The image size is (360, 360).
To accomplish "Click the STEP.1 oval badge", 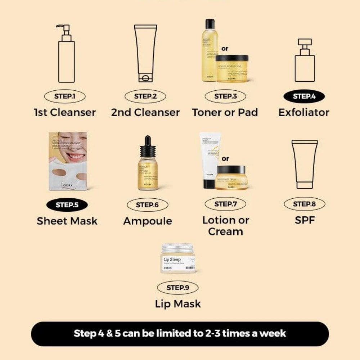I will [65, 96].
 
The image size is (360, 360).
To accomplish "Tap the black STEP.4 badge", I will [304, 96].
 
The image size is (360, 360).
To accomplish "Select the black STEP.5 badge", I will [67, 205].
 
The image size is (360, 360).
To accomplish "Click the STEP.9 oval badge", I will [177, 288].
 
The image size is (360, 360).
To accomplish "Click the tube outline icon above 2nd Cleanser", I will [145, 53].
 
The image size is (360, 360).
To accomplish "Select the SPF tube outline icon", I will [305, 164].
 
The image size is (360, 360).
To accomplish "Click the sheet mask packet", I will [68, 161].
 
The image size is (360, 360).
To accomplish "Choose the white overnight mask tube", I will [210, 160].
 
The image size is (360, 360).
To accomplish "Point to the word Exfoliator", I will [304, 112].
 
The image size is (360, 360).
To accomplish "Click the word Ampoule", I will [148, 221].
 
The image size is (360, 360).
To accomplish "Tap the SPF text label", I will [305, 220].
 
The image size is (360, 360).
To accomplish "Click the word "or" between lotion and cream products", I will [226, 158].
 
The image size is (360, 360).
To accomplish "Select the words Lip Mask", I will [178, 303].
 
